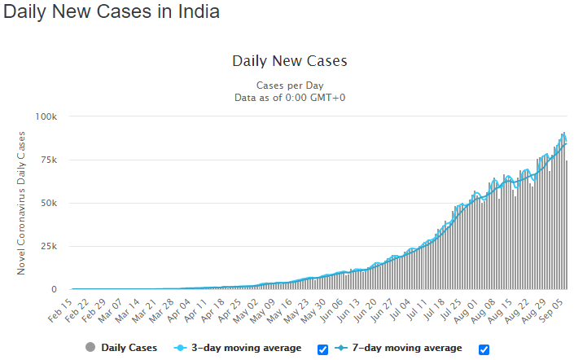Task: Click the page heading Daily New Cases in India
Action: point(112,11)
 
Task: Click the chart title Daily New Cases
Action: point(290,61)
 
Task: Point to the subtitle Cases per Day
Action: point(290,86)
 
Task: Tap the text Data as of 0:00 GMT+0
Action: point(290,98)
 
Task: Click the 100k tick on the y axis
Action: point(46,116)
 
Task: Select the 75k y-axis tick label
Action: point(49,160)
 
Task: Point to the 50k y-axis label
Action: point(49,204)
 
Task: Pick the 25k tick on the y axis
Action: point(49,247)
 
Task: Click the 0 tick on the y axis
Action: point(55,290)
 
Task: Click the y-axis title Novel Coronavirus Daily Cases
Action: point(21,204)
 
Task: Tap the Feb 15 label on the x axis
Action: point(60,310)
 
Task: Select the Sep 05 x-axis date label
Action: point(551,310)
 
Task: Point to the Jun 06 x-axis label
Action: point(332,310)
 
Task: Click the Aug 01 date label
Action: point(466,311)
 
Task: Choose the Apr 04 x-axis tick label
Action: point(179,310)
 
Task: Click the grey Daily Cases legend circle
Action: point(90,347)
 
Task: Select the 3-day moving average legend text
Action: point(247,348)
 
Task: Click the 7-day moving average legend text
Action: point(407,348)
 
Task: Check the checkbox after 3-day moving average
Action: point(322,349)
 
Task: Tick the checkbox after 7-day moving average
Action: point(484,349)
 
